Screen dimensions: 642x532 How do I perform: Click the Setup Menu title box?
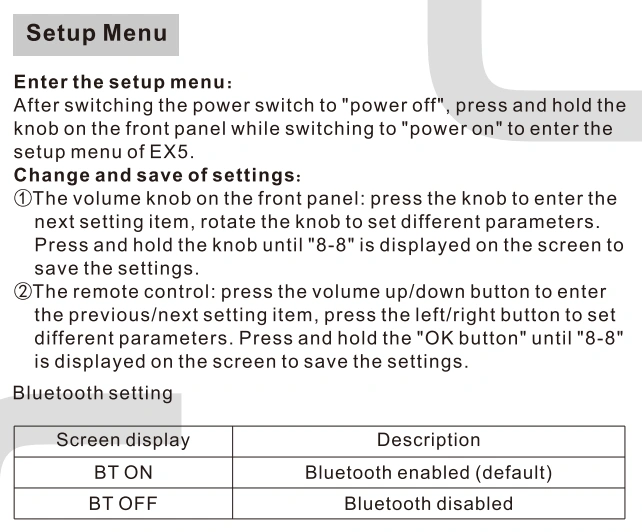pos(96,35)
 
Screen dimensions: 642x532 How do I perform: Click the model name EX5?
pos(171,152)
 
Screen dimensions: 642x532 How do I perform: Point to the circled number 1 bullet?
pos(23,199)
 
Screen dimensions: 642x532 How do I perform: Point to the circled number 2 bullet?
pos(23,292)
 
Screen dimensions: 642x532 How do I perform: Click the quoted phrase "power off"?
pos(393,106)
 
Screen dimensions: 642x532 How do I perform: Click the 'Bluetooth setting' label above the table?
pos(93,393)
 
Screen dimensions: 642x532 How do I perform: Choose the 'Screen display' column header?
pos(123,440)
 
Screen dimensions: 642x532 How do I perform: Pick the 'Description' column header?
pos(428,440)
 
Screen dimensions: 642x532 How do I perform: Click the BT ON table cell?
pos(123,472)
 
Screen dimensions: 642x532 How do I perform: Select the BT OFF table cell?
pos(123,504)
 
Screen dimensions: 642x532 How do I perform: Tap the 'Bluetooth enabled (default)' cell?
pos(428,473)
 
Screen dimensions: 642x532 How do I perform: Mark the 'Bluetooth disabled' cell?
pos(428,504)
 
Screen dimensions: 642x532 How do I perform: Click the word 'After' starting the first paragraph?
pos(36,106)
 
